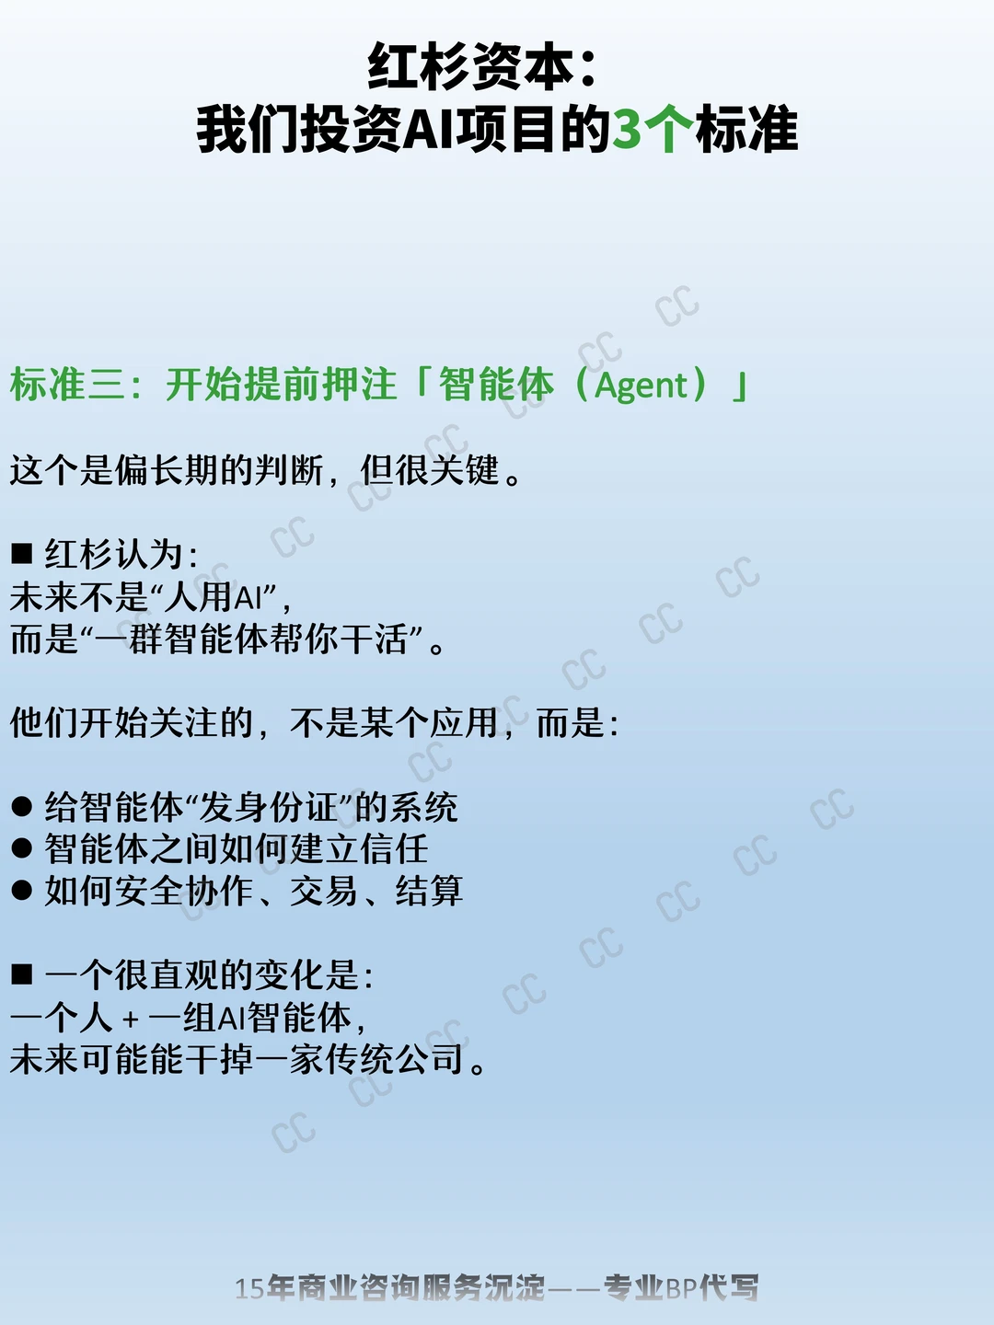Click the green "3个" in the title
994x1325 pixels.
pyautogui.click(x=653, y=131)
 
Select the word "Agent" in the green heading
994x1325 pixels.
pyautogui.click(x=641, y=386)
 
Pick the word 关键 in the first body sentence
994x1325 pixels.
pyautogui.click(x=465, y=470)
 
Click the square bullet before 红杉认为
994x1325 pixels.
pyautogui.click(x=22, y=554)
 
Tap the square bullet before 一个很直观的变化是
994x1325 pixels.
pyautogui.click(x=22, y=974)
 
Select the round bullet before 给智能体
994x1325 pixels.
pyautogui.click(x=22, y=807)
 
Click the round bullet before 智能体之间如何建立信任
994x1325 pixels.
pyautogui.click(x=22, y=848)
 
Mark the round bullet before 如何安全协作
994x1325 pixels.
pyautogui.click(x=22, y=891)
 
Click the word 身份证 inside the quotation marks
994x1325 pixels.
pyautogui.click(x=269, y=807)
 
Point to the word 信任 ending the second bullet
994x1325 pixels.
pyautogui.click(x=395, y=848)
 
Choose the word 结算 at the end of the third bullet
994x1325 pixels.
pyautogui.click(x=430, y=891)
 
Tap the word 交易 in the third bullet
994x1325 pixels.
pyautogui.click(x=324, y=891)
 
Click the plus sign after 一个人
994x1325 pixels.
pyautogui.click(x=131, y=1020)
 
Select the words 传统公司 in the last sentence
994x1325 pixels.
pyautogui.click(x=395, y=1059)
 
